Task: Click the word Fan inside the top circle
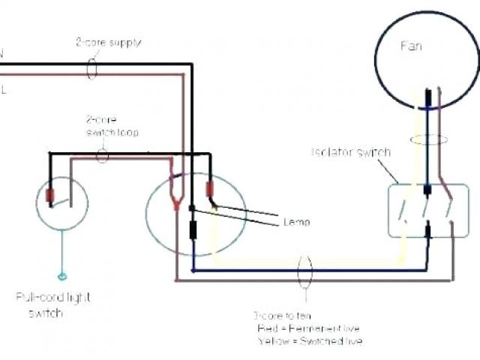click(410, 46)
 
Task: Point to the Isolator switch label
click(350, 152)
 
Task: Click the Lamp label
click(297, 222)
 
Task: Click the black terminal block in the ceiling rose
click(193, 229)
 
